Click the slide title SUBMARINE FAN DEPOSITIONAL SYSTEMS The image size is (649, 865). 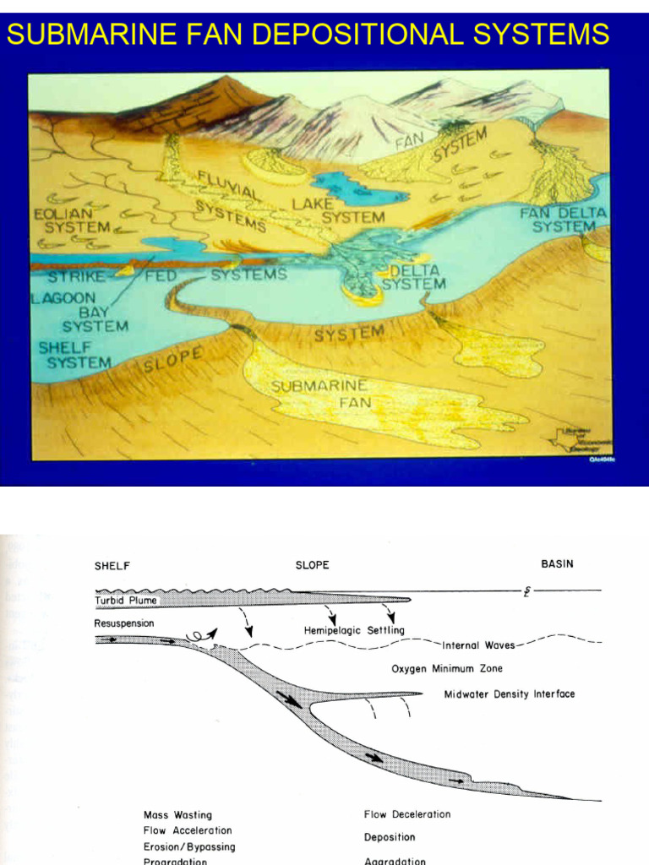click(x=308, y=34)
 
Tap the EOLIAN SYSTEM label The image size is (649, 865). click(x=77, y=220)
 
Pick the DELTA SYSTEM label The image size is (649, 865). click(x=413, y=278)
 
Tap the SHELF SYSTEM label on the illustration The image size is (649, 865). click(x=74, y=355)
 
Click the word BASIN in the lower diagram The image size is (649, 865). click(x=557, y=564)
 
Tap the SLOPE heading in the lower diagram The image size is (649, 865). click(x=312, y=564)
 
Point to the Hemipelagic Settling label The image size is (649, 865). click(x=354, y=630)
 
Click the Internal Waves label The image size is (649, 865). click(x=478, y=645)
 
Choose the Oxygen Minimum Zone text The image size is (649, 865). click(x=446, y=669)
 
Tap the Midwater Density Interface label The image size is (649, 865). click(x=509, y=694)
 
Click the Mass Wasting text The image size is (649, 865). click(x=177, y=815)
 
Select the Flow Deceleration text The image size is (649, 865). click(x=406, y=814)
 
